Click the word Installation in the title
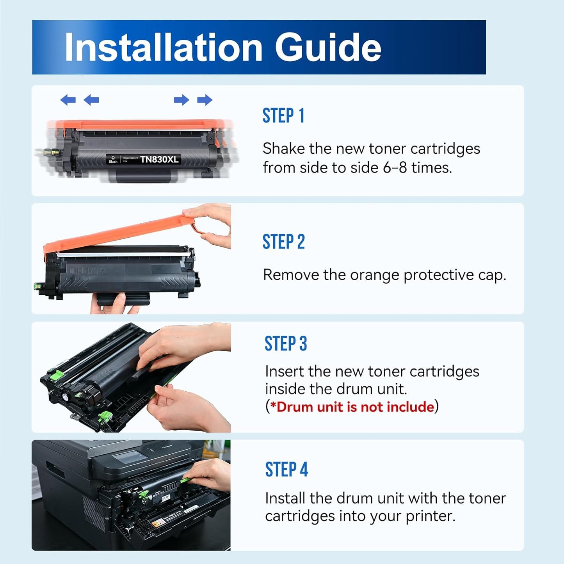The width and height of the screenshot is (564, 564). click(x=164, y=47)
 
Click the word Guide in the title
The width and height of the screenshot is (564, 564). click(x=328, y=47)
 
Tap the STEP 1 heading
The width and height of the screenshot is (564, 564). click(x=283, y=116)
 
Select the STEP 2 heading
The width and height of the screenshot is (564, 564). click(x=284, y=242)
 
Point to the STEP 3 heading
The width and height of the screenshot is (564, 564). click(x=286, y=344)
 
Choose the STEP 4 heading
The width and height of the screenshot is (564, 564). click(x=286, y=470)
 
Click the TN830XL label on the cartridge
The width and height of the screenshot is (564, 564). click(x=159, y=159)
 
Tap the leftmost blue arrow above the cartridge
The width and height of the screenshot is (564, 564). click(x=68, y=100)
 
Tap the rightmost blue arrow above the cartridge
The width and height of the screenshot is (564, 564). click(x=205, y=100)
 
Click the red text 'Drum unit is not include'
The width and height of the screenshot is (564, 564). click(x=355, y=407)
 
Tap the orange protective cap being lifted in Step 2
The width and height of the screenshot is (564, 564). click(x=117, y=234)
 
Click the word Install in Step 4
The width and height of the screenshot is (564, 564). click(x=285, y=498)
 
